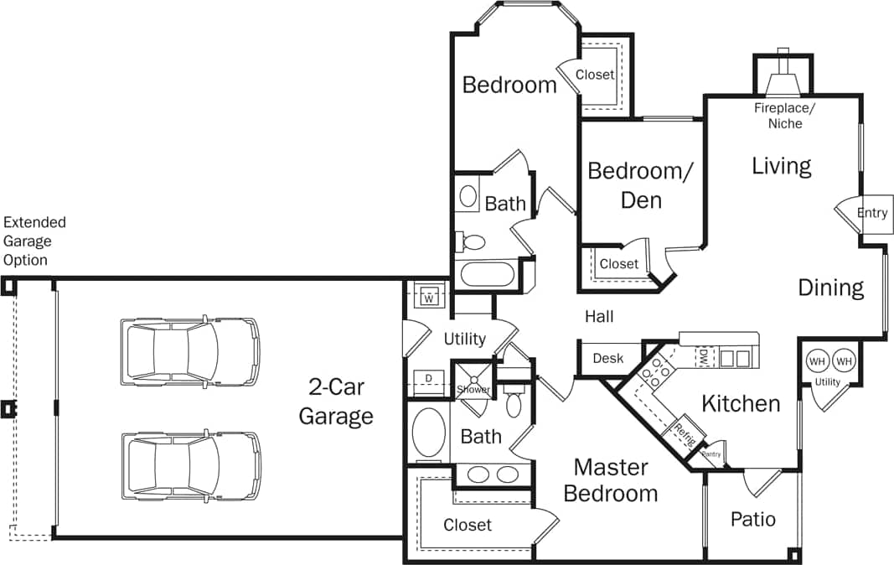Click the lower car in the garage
click(190, 465)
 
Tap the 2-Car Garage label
click(336, 402)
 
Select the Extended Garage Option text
click(34, 241)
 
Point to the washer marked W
click(428, 298)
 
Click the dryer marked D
click(428, 379)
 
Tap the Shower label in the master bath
click(473, 390)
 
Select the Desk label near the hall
click(607, 358)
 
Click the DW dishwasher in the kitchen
click(705, 358)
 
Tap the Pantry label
click(711, 454)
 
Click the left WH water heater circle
click(816, 361)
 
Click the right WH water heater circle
click(844, 361)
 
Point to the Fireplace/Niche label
click(784, 116)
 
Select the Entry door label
click(871, 213)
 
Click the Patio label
click(752, 519)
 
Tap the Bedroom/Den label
click(641, 185)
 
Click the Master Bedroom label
click(611, 479)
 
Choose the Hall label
click(599, 316)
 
